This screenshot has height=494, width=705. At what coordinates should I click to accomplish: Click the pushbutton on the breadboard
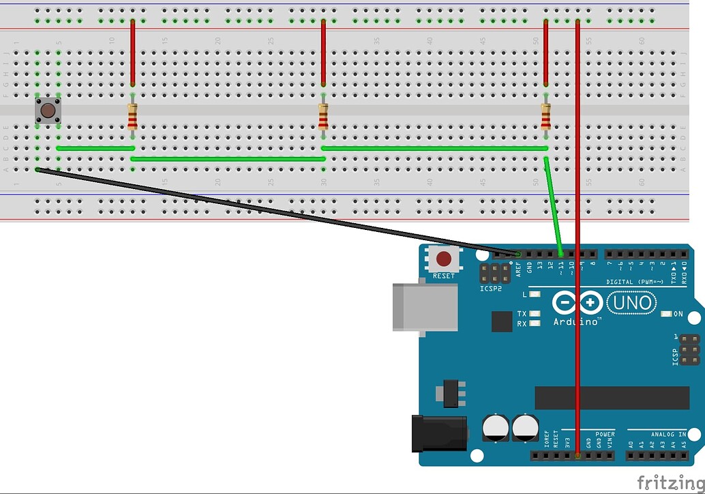48,111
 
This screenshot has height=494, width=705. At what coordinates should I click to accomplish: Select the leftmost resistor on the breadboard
132,117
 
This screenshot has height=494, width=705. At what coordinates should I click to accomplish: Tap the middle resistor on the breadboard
323,117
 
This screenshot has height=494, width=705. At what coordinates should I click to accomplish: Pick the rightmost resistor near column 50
546,117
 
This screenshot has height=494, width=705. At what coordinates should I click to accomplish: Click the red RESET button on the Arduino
444,259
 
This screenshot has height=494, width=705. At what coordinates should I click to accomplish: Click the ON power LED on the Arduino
667,314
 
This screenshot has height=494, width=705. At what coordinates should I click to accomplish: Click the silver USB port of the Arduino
424,307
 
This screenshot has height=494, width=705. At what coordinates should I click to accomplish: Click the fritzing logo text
670,483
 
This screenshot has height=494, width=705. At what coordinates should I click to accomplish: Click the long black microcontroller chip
612,398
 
